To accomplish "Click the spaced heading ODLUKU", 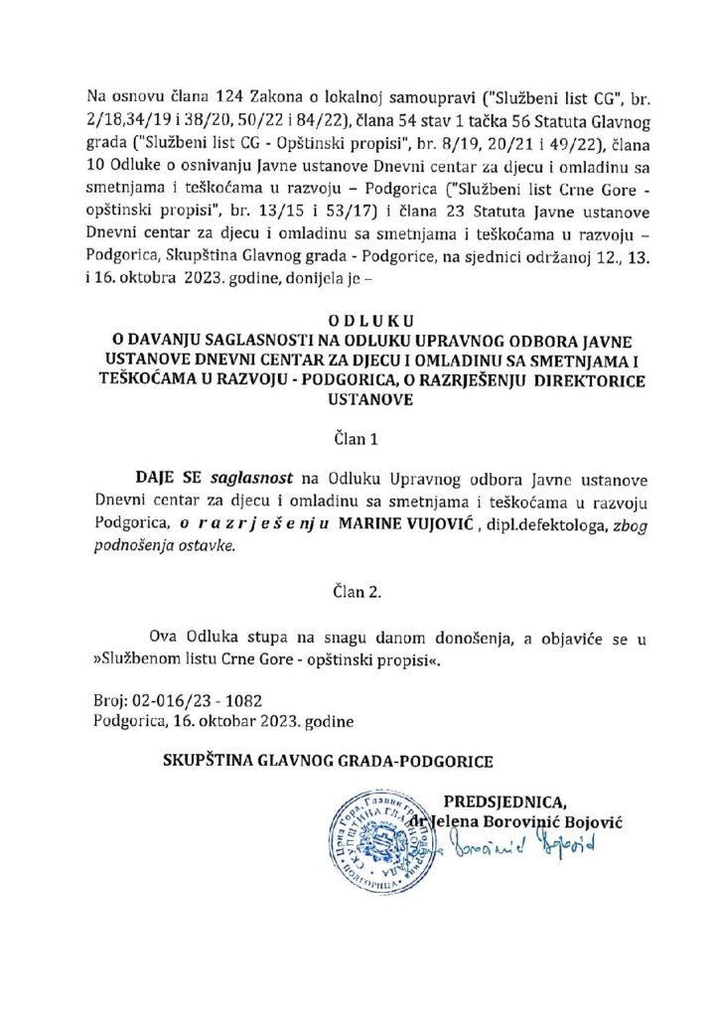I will click(359, 321).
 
